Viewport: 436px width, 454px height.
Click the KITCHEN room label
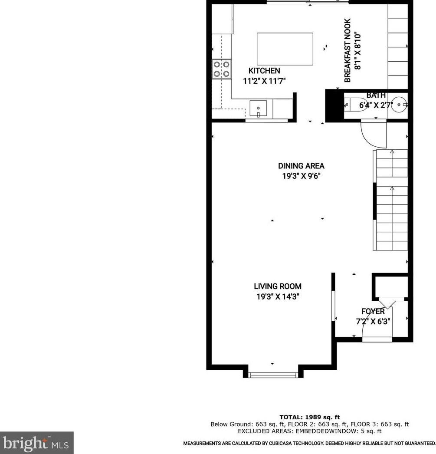[x=264, y=71]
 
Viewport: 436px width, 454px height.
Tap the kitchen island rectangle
[x=285, y=49]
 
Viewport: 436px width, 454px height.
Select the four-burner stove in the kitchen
[x=221, y=69]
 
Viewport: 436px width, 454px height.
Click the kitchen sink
[x=259, y=108]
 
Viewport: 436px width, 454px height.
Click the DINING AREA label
[x=301, y=166]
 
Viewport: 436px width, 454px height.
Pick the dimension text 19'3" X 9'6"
[x=301, y=176]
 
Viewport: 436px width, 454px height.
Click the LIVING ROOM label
[x=278, y=286]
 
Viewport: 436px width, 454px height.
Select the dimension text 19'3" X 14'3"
[x=278, y=297]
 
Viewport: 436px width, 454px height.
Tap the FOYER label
[x=373, y=312]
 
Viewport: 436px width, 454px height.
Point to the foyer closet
[x=390, y=286]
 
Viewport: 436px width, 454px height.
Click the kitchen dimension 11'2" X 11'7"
[x=264, y=81]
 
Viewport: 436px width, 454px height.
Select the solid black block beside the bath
[x=334, y=105]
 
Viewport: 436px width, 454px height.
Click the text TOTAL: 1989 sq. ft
[x=309, y=417]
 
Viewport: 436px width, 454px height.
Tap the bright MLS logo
[x=37, y=443]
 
